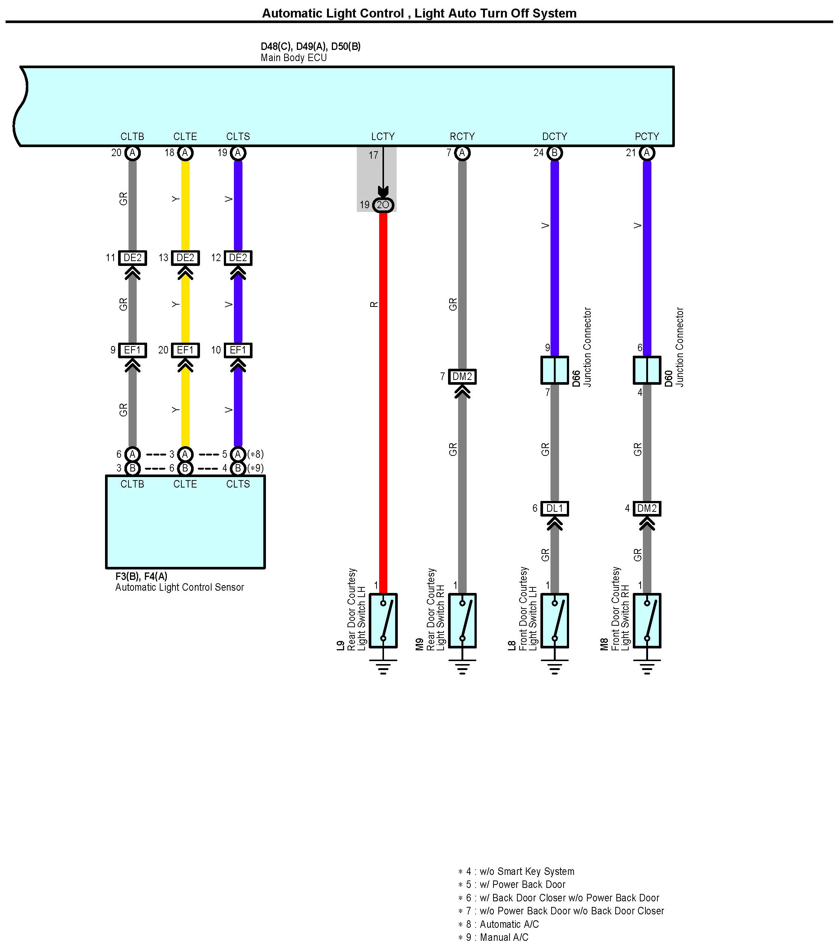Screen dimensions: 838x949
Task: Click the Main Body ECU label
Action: (293, 58)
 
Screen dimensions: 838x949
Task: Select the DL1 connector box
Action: (554, 508)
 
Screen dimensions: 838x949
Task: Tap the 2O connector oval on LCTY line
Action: (383, 205)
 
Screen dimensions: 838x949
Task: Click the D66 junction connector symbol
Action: (554, 370)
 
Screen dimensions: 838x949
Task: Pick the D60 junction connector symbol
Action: (647, 370)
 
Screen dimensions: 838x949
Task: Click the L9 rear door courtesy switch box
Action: (383, 620)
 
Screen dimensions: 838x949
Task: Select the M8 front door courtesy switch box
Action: (647, 620)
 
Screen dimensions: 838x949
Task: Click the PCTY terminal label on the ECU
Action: (647, 136)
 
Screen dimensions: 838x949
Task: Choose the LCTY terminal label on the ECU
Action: (383, 136)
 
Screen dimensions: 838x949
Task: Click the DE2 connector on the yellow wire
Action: (185, 258)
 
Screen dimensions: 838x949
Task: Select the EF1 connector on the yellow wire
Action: (185, 350)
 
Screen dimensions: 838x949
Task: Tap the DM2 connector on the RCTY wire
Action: (462, 377)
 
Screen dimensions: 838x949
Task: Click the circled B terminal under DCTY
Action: (554, 153)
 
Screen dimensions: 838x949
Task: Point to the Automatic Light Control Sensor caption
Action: (180, 587)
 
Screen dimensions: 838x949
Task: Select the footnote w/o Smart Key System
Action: (516, 872)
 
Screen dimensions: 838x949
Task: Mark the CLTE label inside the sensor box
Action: (185, 484)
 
